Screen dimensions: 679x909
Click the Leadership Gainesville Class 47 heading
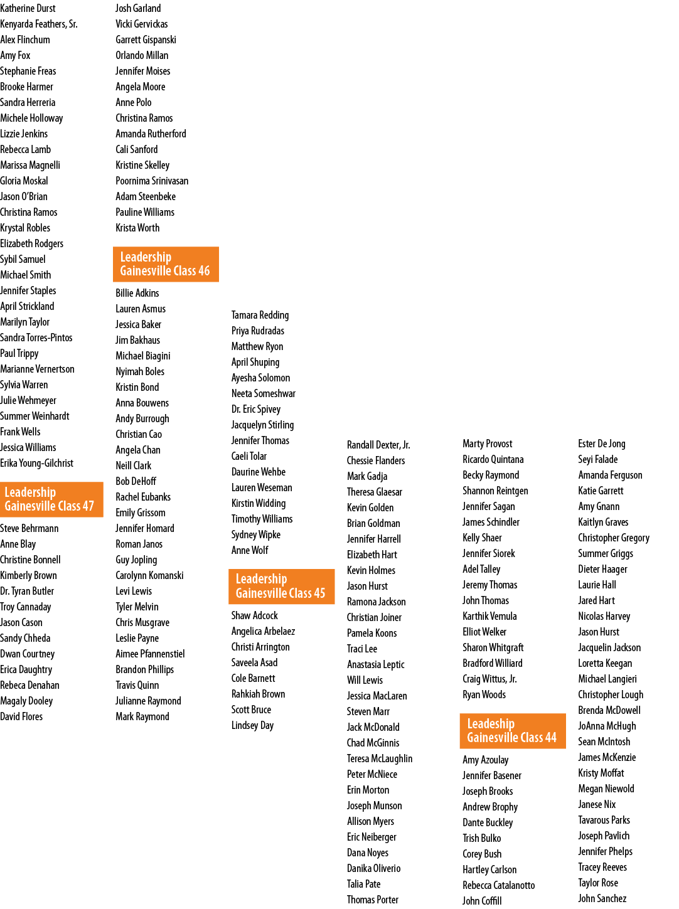pos(51,499)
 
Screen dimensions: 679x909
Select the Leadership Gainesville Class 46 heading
pos(166,264)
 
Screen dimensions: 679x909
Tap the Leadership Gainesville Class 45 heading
pos(281,587)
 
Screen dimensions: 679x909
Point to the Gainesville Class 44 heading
pos(513,731)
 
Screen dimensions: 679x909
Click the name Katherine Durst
pos(28,8)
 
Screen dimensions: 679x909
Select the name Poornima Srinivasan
pos(152,181)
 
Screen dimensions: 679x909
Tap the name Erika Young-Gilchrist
pos(37,463)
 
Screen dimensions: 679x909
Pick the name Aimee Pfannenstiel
pos(151,654)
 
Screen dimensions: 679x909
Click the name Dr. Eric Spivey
pos(256,409)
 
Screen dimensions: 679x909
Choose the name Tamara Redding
pos(260,315)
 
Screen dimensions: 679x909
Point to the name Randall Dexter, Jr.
pos(378,445)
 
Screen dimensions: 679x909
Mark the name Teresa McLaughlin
pos(380,758)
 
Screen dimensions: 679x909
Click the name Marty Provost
pos(488,444)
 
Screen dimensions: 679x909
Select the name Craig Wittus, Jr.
pos(489,679)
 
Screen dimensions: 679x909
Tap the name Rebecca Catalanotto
pos(499,885)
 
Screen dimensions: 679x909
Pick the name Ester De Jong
pos(602,444)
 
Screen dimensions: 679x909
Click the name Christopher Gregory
pos(614,538)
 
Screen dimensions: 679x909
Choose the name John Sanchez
pos(602,898)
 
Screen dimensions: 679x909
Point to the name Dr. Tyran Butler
pos(27,591)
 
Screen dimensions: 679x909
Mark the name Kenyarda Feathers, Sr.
pos(39,24)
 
